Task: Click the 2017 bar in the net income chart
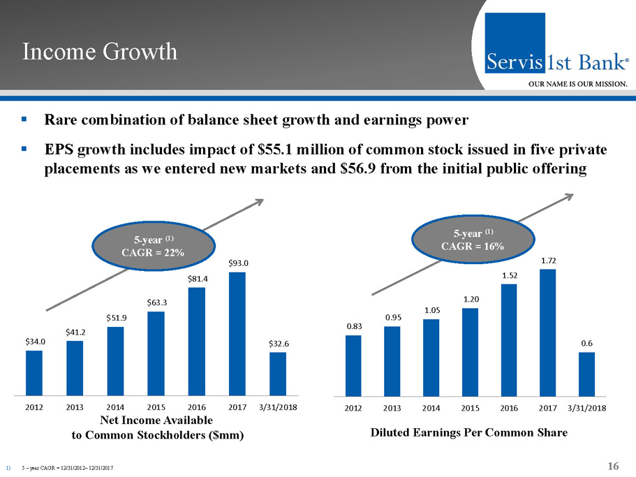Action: [237, 333]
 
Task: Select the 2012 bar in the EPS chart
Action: [353, 365]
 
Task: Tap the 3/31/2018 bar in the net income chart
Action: [278, 374]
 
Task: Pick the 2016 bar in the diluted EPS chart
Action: [509, 339]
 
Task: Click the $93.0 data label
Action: [237, 263]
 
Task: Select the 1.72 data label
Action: [548, 260]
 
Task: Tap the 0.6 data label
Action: [587, 343]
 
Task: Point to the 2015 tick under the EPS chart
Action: [470, 407]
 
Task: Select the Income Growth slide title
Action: [100, 52]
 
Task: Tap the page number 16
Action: [614, 466]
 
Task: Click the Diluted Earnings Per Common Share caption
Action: [469, 433]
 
